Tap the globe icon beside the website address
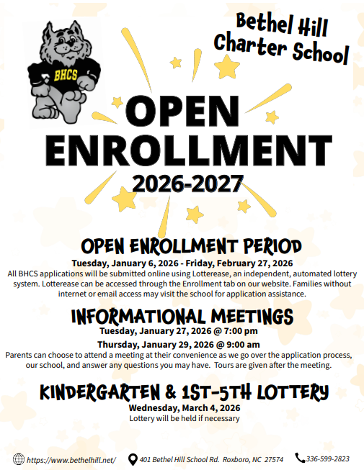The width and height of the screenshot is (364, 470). click(18, 459)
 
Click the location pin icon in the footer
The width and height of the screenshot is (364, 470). click(133, 459)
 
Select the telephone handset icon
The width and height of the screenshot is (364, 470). click(300, 458)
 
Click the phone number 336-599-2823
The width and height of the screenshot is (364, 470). click(328, 459)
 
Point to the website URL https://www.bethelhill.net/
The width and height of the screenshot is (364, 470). click(71, 460)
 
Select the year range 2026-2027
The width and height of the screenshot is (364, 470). click(182, 185)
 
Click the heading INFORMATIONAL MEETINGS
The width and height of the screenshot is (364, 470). click(182, 316)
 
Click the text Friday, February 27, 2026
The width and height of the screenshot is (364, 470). click(244, 263)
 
